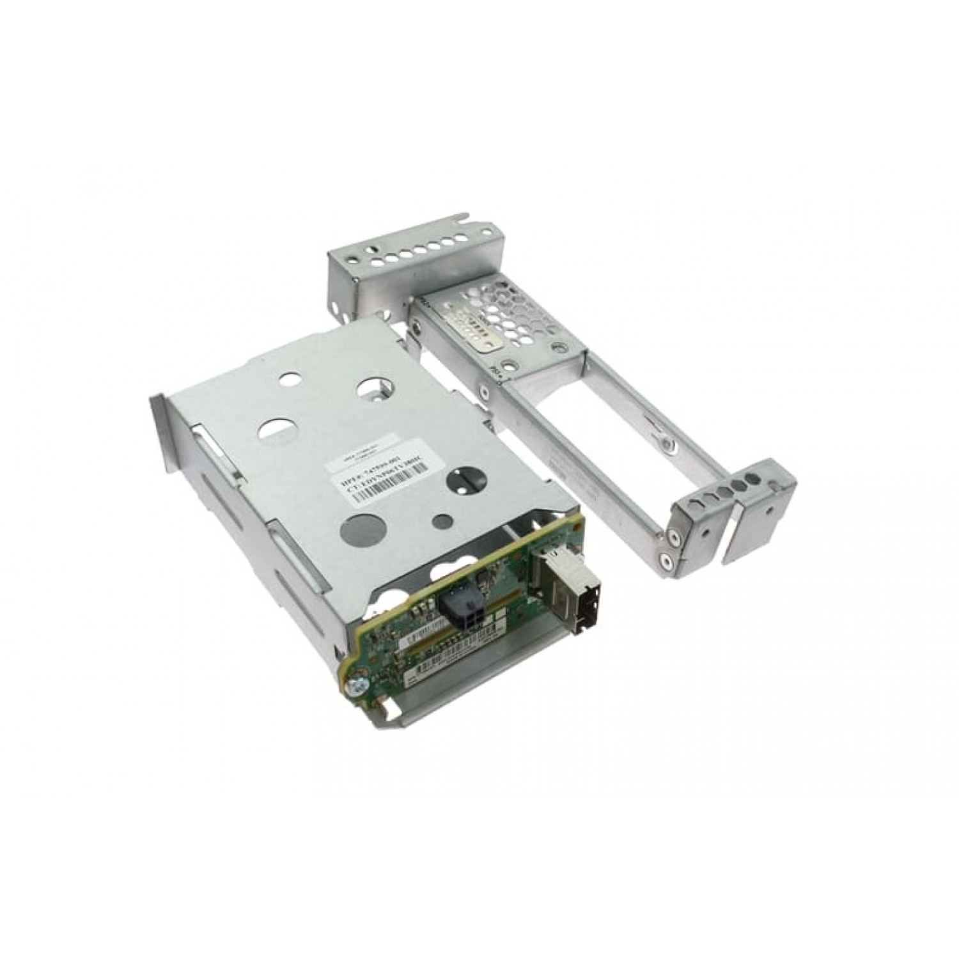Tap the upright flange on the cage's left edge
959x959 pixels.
[159, 435]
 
